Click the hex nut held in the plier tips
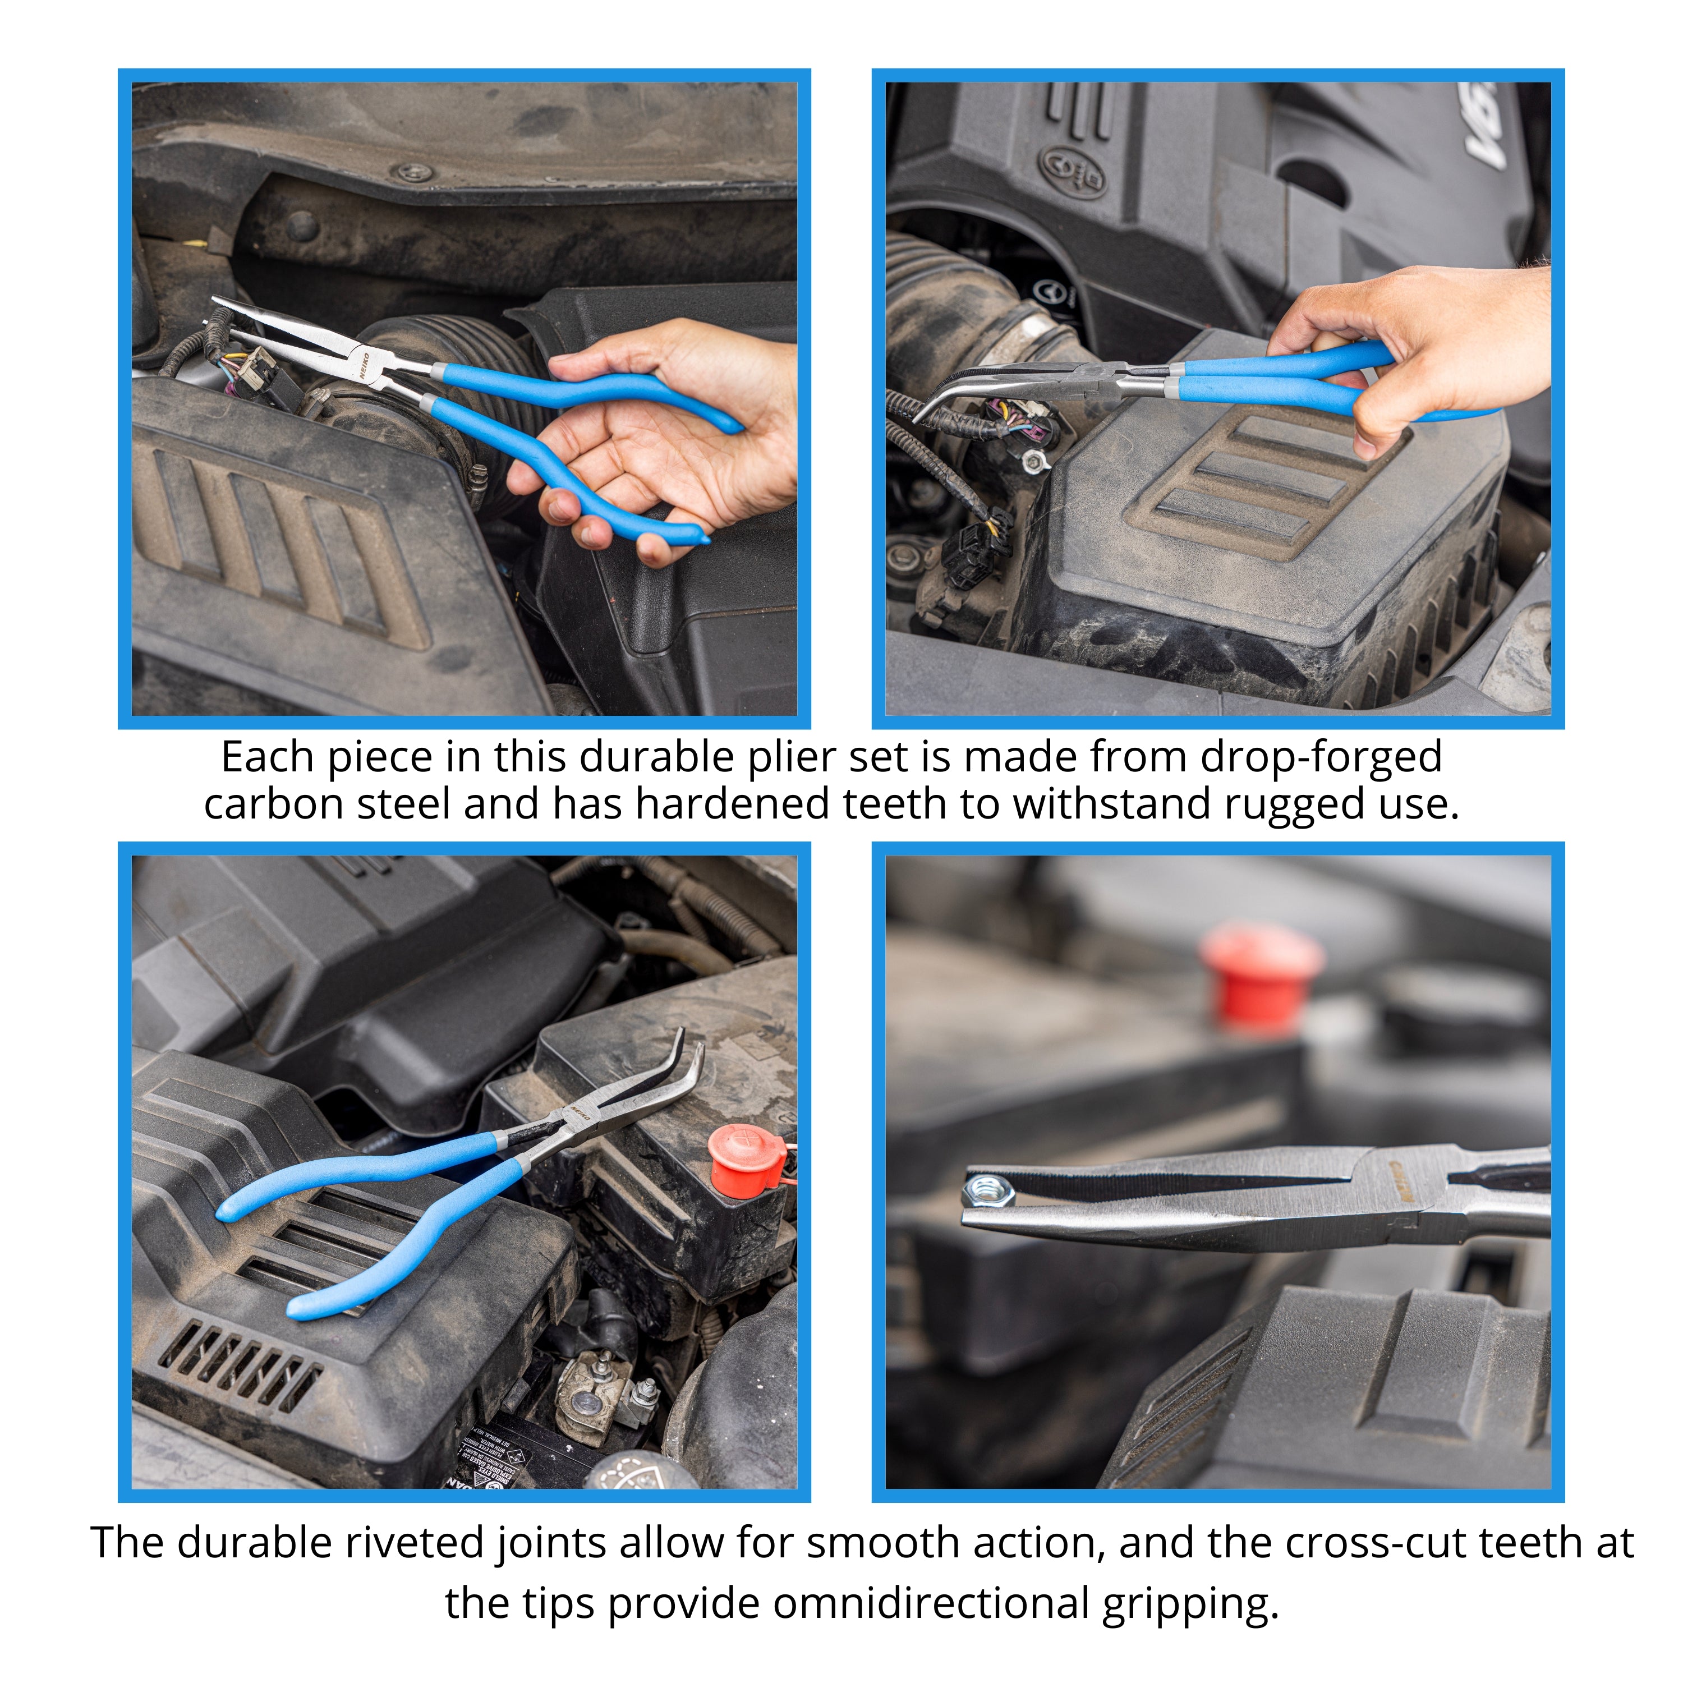pos(988,1189)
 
